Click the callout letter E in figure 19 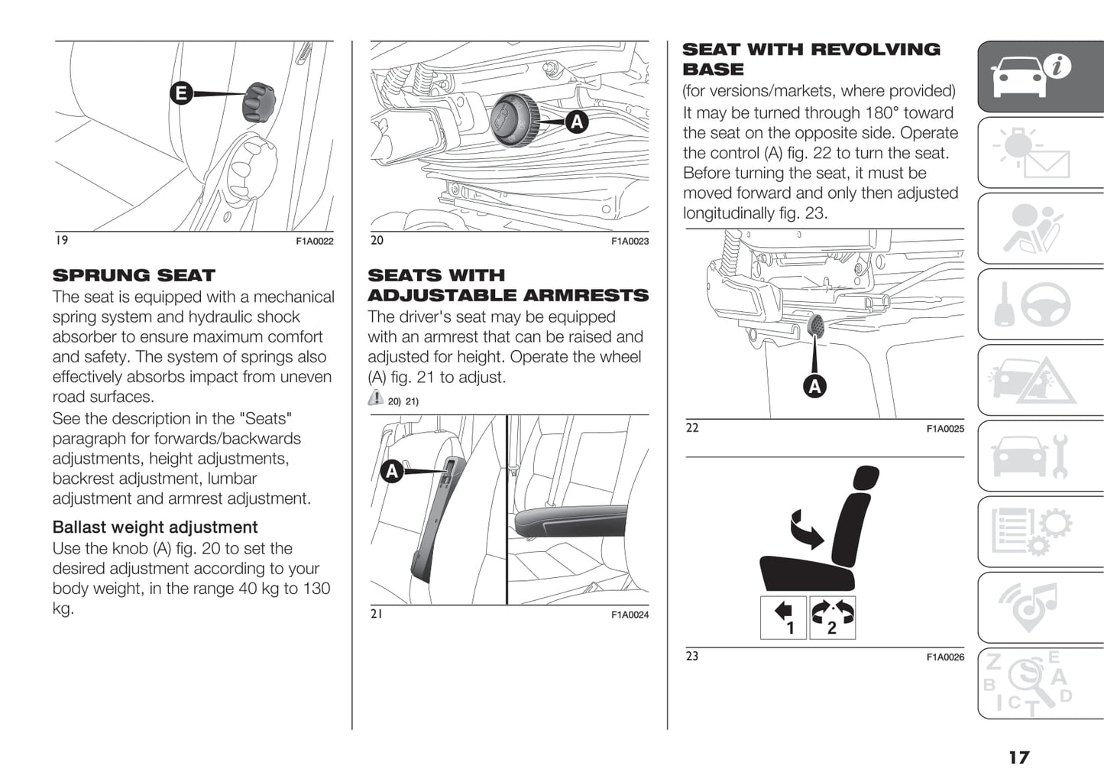click(x=181, y=94)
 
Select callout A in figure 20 click(x=577, y=121)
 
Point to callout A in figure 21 click(x=392, y=471)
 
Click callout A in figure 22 click(x=815, y=386)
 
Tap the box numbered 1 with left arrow click(x=784, y=618)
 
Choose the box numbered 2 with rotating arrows click(x=832, y=618)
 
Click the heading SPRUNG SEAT click(x=134, y=275)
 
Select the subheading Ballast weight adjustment click(x=155, y=527)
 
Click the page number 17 click(x=1018, y=757)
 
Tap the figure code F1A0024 click(x=630, y=615)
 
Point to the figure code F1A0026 click(x=945, y=657)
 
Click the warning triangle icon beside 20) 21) click(x=375, y=398)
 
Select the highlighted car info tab click(x=1041, y=77)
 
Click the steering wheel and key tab click(x=1041, y=304)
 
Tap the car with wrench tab click(x=1041, y=456)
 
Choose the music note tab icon click(x=1041, y=608)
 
